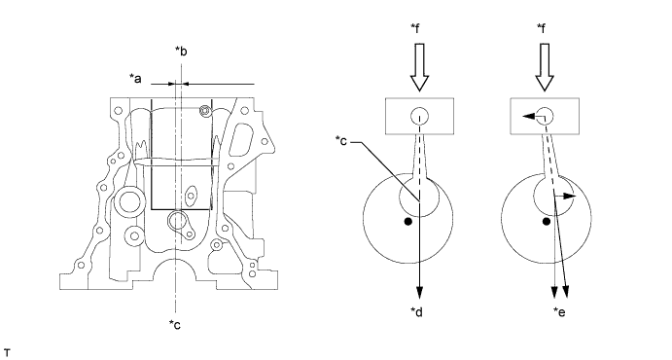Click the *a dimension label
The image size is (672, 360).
pyautogui.click(x=135, y=79)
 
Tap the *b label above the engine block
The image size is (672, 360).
pyautogui.click(x=181, y=51)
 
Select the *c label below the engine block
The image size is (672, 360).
pyautogui.click(x=175, y=324)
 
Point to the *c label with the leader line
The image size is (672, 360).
pyautogui.click(x=341, y=140)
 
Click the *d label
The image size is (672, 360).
pyautogui.click(x=416, y=312)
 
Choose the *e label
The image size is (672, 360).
pyautogui.click(x=559, y=312)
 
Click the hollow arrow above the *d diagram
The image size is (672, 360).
pyautogui.click(x=419, y=67)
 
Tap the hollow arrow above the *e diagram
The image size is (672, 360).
pyautogui.click(x=545, y=67)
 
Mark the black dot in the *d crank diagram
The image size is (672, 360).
pyautogui.click(x=408, y=222)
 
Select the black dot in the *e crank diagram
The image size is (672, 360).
pyautogui.click(x=546, y=222)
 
